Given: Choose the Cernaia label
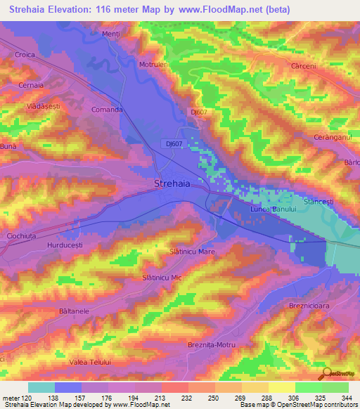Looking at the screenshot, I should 31,84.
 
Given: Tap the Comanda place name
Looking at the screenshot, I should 108,110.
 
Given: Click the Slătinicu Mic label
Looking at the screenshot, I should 162,278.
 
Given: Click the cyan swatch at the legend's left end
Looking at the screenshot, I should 41,387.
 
